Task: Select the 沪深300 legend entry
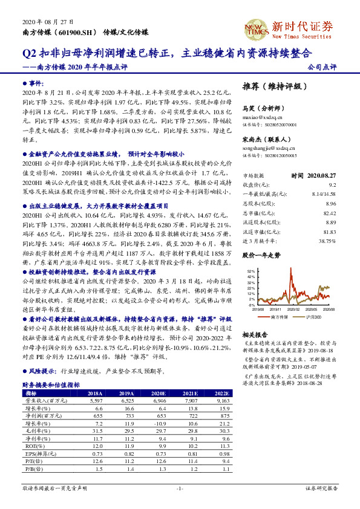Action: point(312,317)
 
